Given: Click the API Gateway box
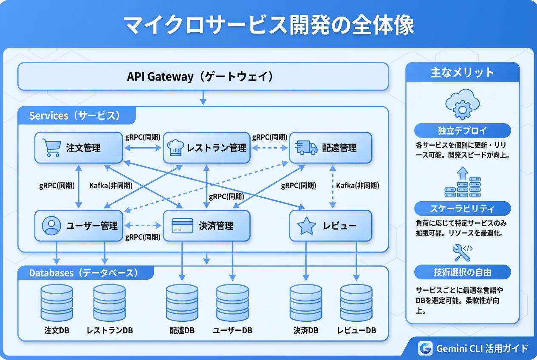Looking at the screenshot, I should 203,76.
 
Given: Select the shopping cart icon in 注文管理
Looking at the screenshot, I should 51,148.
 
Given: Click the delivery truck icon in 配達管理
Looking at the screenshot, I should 306,147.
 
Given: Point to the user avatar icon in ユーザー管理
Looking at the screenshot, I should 51,225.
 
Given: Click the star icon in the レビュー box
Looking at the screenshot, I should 306,226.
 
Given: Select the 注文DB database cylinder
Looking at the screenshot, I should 57,303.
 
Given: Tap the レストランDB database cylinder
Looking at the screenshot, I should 110,303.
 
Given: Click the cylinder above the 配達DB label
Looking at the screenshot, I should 182,303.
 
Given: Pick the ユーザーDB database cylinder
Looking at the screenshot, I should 232,303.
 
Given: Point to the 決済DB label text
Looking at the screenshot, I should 305,330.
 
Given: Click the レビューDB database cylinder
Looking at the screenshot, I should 356,303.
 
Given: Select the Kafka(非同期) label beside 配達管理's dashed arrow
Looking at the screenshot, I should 357,186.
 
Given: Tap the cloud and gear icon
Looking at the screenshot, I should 462,104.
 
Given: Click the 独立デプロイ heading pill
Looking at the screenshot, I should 462,130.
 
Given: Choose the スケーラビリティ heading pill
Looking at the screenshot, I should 462,208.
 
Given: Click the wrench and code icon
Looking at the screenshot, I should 462,252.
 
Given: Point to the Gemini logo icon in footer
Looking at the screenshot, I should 425,348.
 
